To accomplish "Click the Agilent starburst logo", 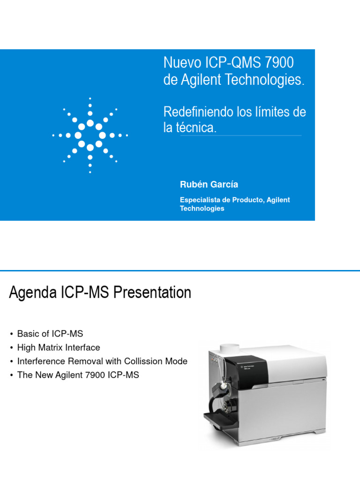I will (90, 135).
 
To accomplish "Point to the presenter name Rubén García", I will (203, 185).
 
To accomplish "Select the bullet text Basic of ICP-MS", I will (50, 334).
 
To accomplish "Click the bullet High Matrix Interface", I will (58, 347).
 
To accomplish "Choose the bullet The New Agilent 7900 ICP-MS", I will (78, 375).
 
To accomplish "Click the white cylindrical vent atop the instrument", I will (230, 350).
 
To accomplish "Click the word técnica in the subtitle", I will (196, 127).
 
